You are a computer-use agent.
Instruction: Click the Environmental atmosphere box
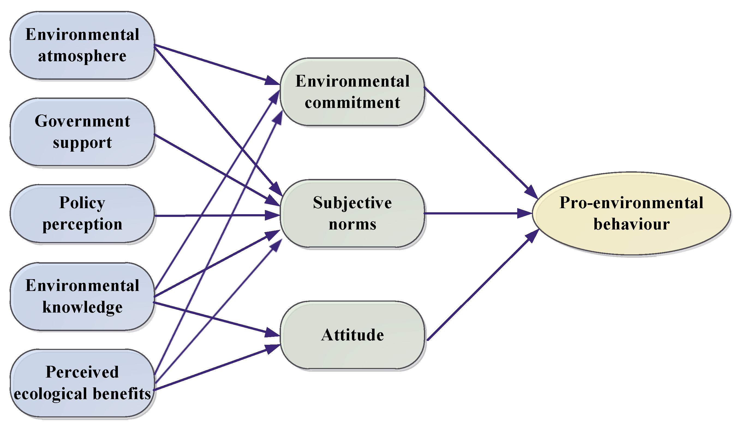coord(82,45)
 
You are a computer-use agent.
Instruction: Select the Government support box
coord(82,132)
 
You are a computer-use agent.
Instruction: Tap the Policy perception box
coord(82,214)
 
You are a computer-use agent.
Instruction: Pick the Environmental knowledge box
coord(82,296)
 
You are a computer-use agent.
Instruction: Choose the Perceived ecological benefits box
coord(82,383)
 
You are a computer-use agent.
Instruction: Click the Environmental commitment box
coord(352,92)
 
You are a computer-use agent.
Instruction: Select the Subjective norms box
coord(352,213)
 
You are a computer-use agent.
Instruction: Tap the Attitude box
coord(352,335)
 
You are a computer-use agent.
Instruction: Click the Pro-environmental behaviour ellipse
coord(631,213)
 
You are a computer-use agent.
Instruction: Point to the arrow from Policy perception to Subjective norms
coord(212,216)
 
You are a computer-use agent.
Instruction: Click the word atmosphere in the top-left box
coord(82,56)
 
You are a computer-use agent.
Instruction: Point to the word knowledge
coord(82,307)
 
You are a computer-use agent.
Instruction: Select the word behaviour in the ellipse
coord(631,224)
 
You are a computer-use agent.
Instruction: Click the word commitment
coord(352,103)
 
